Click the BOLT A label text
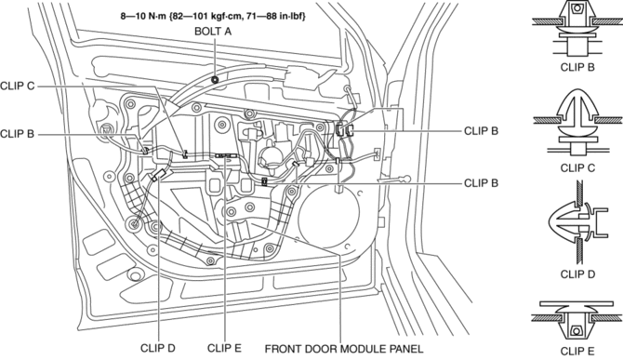[x=213, y=31]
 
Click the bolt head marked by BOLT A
[x=215, y=79]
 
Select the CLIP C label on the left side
[x=18, y=86]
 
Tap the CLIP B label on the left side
[x=18, y=134]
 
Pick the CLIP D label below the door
[x=158, y=348]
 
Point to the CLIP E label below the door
[x=224, y=348]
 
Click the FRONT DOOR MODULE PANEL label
[x=344, y=349]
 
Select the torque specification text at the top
[x=213, y=17]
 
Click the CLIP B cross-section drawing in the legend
[x=577, y=29]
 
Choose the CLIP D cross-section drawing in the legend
[x=579, y=222]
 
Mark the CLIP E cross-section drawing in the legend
[x=577, y=321]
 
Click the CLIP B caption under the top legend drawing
[x=577, y=67]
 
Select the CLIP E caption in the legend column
[x=577, y=352]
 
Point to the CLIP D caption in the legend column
[x=577, y=274]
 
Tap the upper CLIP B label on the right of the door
[x=481, y=131]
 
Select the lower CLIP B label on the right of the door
[x=481, y=183]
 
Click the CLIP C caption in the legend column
[x=577, y=168]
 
